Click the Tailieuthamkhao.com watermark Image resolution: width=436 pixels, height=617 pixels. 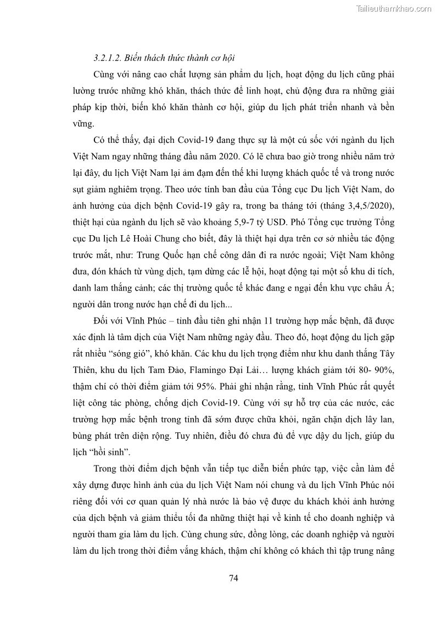[x=393, y=8]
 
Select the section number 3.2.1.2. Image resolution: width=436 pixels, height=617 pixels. [x=109, y=58]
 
